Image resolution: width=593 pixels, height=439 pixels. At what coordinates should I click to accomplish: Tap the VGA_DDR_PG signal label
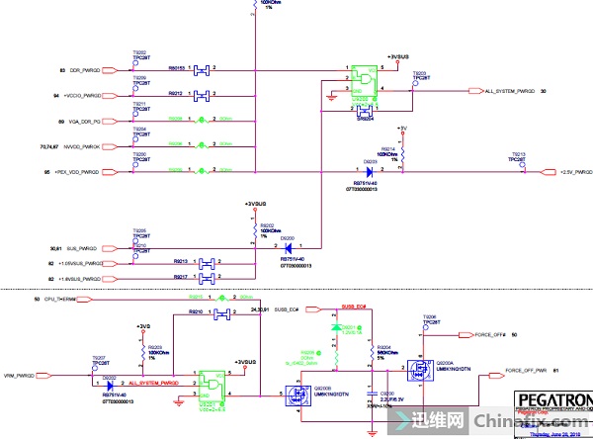coord(86,121)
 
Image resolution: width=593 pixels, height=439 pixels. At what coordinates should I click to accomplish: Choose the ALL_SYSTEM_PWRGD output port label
coord(510,91)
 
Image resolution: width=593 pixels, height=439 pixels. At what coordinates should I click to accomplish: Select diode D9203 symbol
coord(371,172)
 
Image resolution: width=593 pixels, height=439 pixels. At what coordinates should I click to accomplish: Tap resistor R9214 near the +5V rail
coord(403,151)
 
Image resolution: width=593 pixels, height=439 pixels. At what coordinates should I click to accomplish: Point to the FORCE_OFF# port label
coord(490,335)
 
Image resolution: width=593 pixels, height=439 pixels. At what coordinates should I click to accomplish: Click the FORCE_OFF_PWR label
coord(526,370)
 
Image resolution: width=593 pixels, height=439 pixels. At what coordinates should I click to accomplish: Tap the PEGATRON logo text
coord(553,400)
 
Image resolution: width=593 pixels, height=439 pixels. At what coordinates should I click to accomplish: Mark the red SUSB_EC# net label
coord(353,307)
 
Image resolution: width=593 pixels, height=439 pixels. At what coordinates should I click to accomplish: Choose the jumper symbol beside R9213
coord(208,262)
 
